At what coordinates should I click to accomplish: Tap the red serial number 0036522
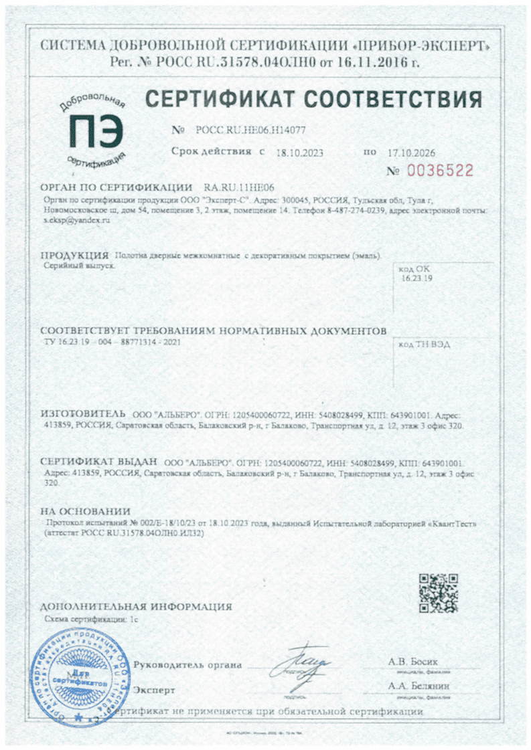click(x=440, y=171)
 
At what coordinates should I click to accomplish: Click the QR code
click(x=438, y=593)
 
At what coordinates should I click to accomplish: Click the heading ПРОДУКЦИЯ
click(x=74, y=256)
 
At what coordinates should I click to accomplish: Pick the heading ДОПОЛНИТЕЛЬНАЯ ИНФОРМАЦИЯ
click(x=136, y=607)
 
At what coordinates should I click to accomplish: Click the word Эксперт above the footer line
click(x=155, y=689)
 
